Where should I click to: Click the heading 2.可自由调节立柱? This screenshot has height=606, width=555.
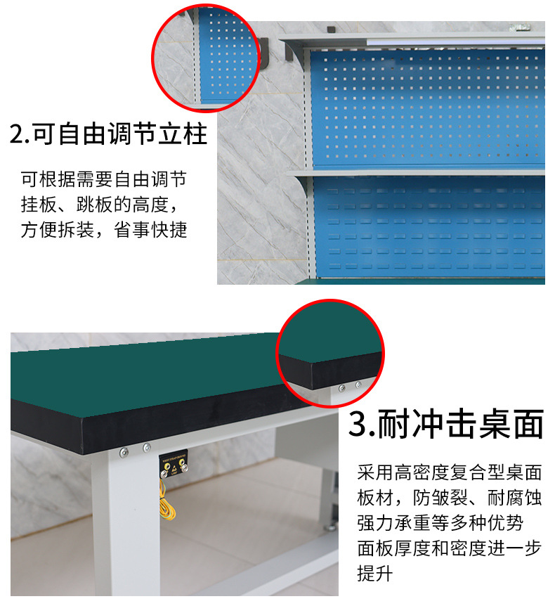108,134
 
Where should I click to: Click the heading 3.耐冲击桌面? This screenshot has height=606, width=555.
446,424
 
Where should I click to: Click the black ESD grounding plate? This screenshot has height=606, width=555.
174,463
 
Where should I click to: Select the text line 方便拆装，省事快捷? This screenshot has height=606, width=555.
104,230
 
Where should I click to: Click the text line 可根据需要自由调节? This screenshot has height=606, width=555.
104,179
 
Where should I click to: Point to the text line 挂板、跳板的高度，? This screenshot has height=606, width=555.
100,205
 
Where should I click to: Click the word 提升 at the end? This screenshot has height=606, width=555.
374,574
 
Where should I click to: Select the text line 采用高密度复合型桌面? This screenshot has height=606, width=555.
450,472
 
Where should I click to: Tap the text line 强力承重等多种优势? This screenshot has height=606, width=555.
440,523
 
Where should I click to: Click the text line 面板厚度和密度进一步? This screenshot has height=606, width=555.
450,548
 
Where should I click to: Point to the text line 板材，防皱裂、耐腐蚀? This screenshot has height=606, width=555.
450,498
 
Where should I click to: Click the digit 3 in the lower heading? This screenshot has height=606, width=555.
357,425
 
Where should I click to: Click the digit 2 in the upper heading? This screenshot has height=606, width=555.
17,134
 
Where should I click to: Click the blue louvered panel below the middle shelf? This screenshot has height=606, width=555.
429,228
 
